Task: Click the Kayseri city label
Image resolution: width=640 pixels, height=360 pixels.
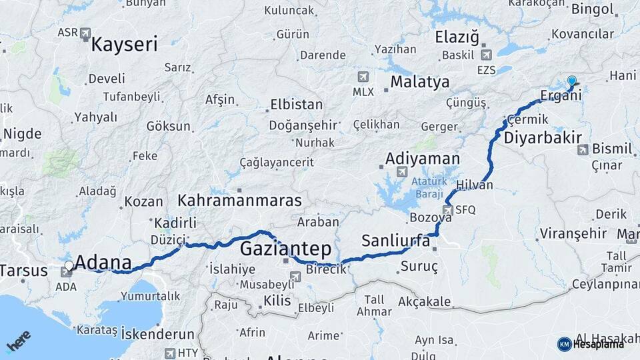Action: [x=124, y=45]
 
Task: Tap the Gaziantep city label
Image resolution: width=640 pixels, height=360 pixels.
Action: [x=285, y=249]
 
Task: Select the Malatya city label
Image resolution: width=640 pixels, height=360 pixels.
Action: [x=419, y=82]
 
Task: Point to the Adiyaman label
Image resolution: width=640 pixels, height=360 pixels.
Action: [x=423, y=159]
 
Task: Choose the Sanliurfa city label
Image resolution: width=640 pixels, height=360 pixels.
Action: [x=395, y=241]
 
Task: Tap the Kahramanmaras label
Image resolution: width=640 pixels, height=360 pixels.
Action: [x=239, y=200]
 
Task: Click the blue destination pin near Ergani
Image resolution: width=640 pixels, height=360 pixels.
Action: [x=571, y=82]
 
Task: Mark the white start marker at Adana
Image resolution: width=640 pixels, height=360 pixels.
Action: [x=69, y=265]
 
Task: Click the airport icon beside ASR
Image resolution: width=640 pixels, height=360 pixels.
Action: [x=85, y=33]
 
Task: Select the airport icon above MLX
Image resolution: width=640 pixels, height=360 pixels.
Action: [x=363, y=77]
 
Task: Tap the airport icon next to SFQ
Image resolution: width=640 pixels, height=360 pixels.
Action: [x=447, y=210]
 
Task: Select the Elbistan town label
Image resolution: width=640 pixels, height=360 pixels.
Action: [x=296, y=105]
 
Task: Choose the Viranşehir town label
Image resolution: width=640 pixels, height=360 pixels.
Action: [x=573, y=233]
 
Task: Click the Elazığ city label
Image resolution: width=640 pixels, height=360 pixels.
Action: [x=457, y=37]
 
